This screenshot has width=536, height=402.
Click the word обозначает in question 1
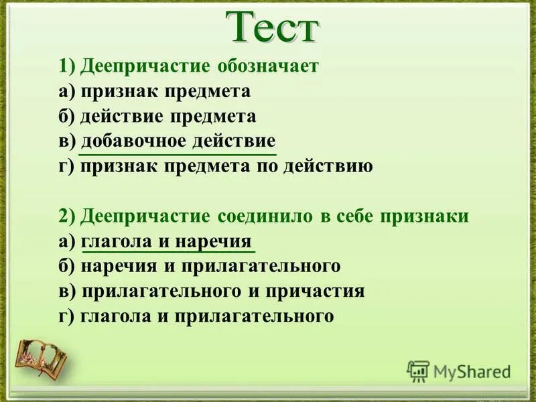269,66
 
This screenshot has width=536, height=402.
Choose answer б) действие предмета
157,116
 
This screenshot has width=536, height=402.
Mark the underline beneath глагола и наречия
168,253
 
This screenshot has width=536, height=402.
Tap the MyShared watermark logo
460,371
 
